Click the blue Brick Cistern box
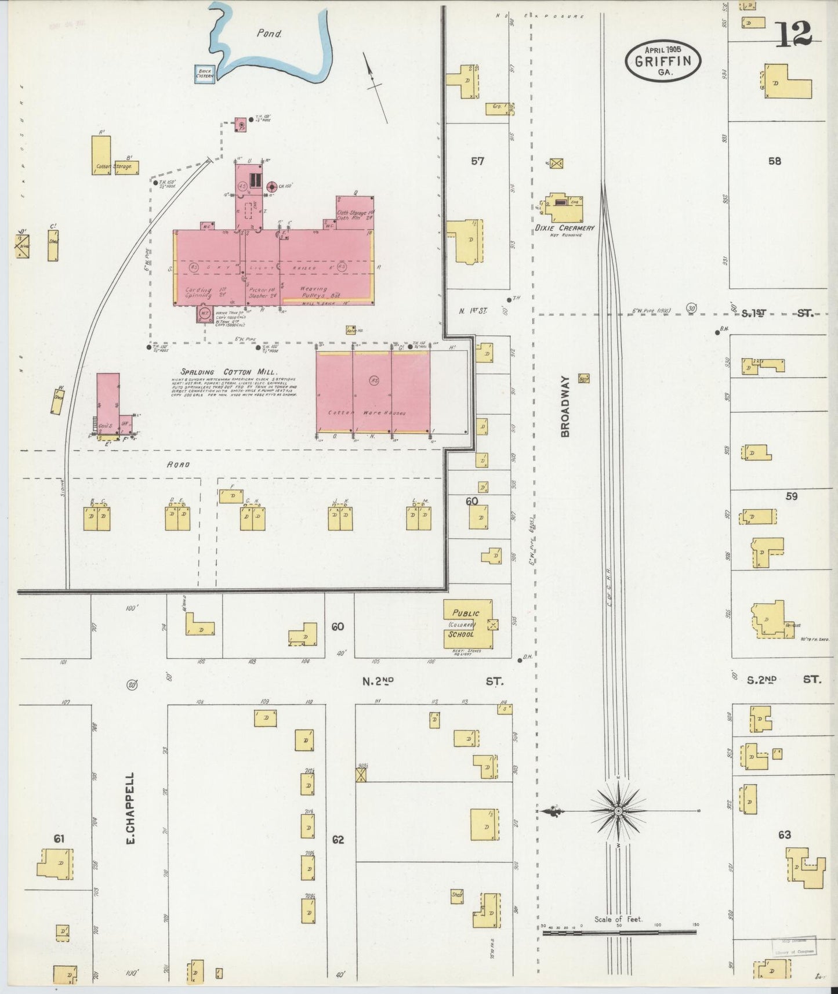click(204, 74)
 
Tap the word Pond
click(269, 34)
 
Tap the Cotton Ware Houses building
click(373, 391)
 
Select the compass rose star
click(618, 810)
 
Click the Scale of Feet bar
click(619, 932)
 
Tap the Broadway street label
click(565, 406)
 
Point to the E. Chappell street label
click(130, 807)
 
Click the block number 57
click(477, 161)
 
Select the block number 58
click(775, 161)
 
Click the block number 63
click(784, 835)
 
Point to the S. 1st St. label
click(778, 313)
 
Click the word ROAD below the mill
click(178, 465)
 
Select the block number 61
click(59, 839)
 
